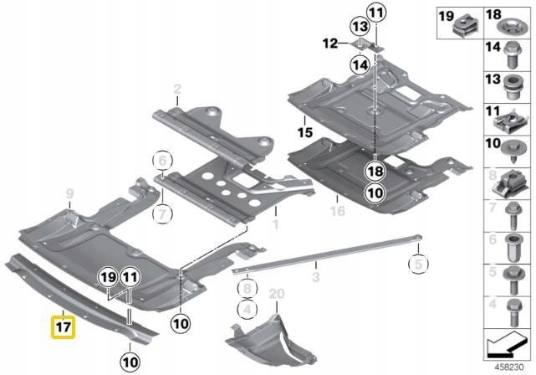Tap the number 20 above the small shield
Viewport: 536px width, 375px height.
(278, 293)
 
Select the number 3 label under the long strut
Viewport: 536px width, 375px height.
(316, 275)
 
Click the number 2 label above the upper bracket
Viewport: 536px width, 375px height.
(177, 89)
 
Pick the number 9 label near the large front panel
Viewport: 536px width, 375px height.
(70, 193)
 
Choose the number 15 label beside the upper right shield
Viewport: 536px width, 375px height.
(303, 131)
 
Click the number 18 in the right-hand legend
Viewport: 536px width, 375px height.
(492, 14)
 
